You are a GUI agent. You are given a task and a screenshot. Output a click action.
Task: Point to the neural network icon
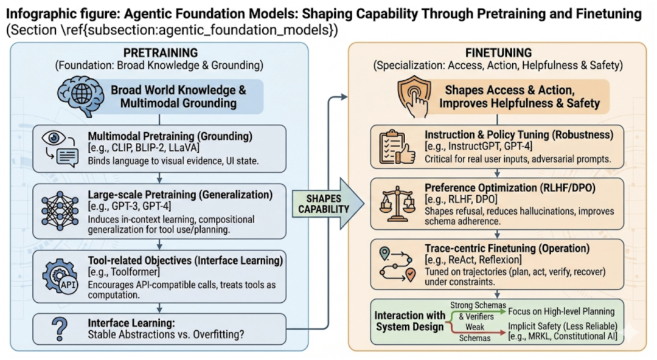[x=61, y=210]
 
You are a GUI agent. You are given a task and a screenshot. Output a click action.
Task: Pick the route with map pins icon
[x=395, y=263]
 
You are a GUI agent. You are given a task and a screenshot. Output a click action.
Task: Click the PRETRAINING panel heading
[x=159, y=53]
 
